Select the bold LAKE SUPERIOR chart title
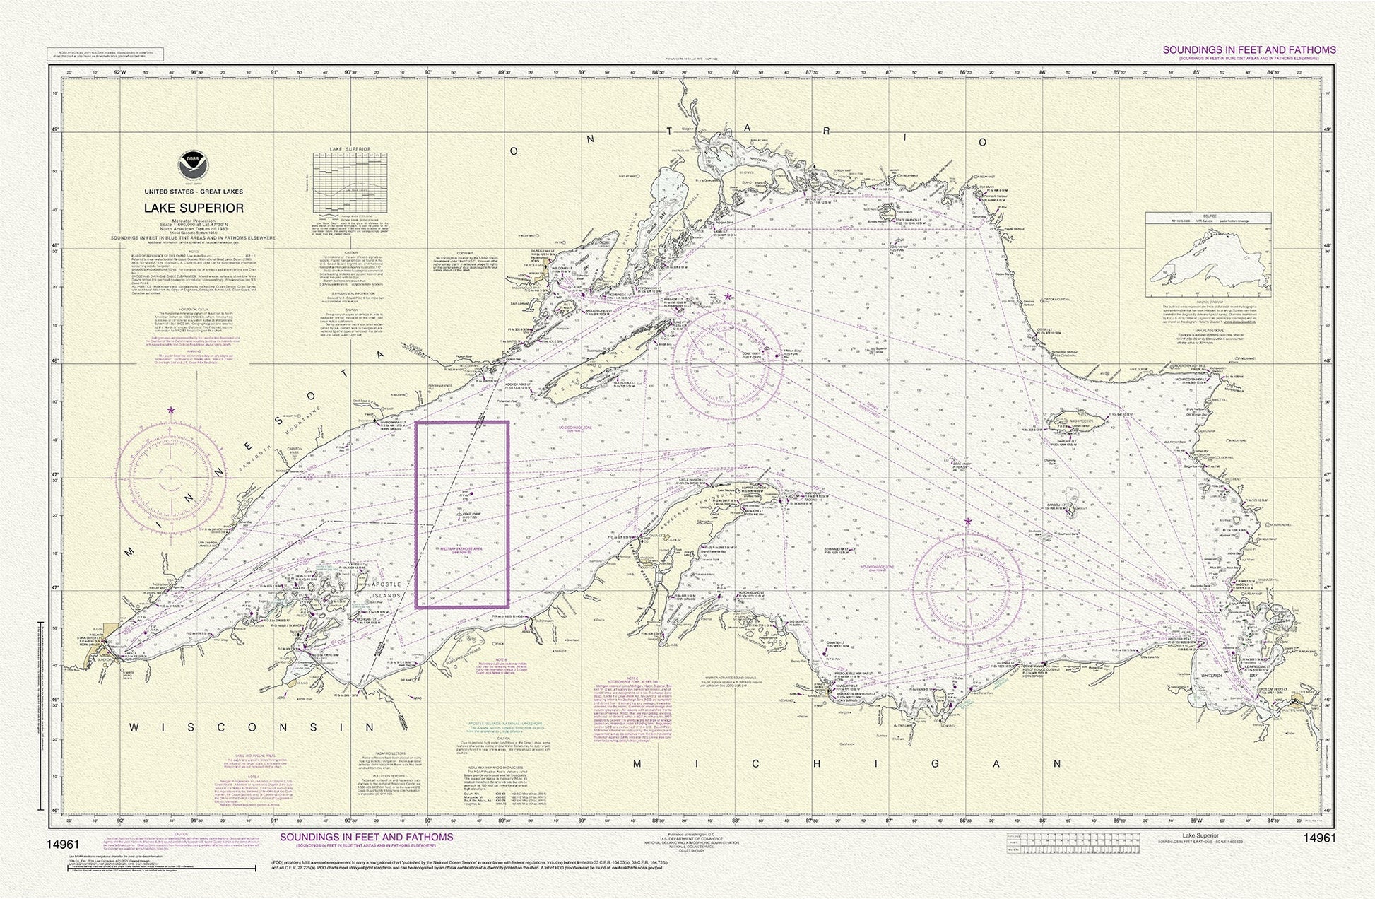[194, 208]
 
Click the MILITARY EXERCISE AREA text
[461, 548]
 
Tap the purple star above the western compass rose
[171, 410]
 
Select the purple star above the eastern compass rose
[967, 522]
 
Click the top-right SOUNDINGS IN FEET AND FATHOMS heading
[1249, 50]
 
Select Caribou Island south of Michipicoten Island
[1072, 507]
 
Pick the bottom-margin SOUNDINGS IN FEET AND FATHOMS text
[367, 837]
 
